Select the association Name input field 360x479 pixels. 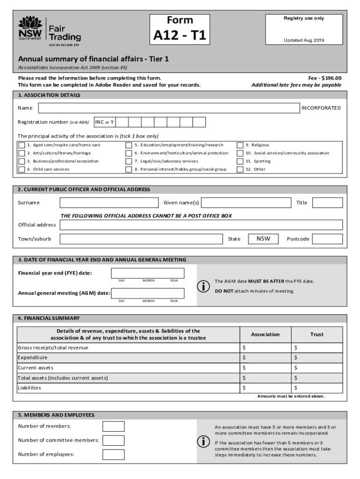pyautogui.click(x=169, y=108)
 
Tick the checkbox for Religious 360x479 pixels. pyautogui.click(x=240, y=145)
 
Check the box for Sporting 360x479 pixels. pyautogui.click(x=240, y=161)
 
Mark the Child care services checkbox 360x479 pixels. pyautogui.click(x=22, y=169)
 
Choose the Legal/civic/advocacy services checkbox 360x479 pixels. pyautogui.click(x=129, y=161)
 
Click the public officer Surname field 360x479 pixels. pyautogui.click(x=109, y=203)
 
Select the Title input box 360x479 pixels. pyautogui.click(x=327, y=203)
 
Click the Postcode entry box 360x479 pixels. pyautogui.click(x=327, y=239)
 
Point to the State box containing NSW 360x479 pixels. pyautogui.click(x=263, y=239)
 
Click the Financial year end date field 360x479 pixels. pyautogui.click(x=148, y=273)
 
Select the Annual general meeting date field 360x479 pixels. pyautogui.click(x=148, y=293)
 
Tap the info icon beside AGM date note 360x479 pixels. pyautogui.click(x=203, y=287)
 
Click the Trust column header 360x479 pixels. pyautogui.click(x=317, y=334)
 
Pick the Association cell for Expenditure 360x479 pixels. pyautogui.click(x=265, y=358)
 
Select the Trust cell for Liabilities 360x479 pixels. pyautogui.click(x=317, y=388)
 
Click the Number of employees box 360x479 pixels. pyautogui.click(x=114, y=454)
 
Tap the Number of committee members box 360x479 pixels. pyautogui.click(x=114, y=440)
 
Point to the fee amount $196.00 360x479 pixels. pyautogui.click(x=331, y=78)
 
